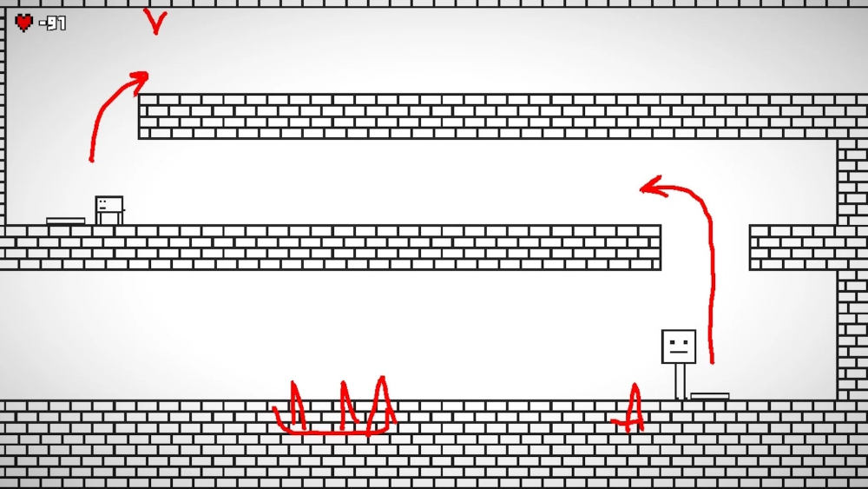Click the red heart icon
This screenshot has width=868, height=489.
(x=23, y=23)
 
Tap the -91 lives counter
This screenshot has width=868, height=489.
(x=53, y=23)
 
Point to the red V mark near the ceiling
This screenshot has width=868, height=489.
(x=155, y=21)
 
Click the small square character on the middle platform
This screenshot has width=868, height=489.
(x=109, y=210)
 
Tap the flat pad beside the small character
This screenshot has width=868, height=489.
(x=65, y=221)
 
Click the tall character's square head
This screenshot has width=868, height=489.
(x=679, y=347)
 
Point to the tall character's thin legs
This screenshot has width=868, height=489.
(x=681, y=381)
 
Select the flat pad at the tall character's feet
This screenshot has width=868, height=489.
(x=710, y=396)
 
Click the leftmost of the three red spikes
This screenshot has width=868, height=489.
(x=297, y=405)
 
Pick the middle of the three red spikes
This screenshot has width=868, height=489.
(x=348, y=405)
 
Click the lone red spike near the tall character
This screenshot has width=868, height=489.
(x=633, y=407)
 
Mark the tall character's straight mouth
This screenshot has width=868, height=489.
(x=679, y=352)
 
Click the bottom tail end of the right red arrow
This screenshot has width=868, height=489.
(x=712, y=363)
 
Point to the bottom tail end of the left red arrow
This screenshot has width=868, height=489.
(x=91, y=161)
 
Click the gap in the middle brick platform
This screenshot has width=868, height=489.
(x=705, y=247)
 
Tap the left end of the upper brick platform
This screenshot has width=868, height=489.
(x=140, y=116)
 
